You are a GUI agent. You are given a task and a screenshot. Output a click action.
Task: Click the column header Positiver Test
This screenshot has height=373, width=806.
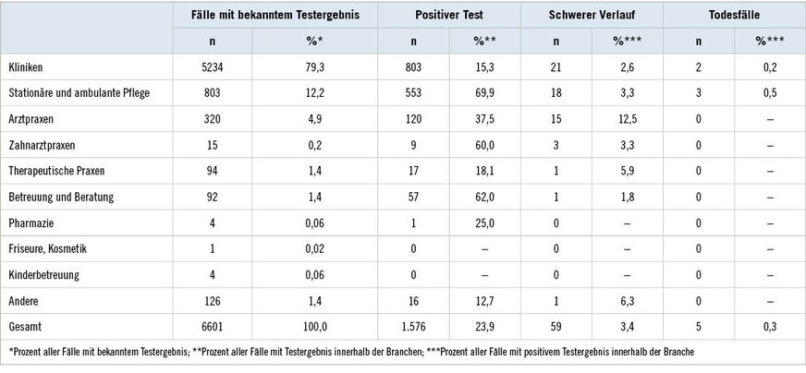point(449,16)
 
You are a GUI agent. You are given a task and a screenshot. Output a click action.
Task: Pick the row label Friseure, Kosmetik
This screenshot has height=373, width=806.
point(47,248)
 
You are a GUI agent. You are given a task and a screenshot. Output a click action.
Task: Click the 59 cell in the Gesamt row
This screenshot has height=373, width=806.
point(556,326)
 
